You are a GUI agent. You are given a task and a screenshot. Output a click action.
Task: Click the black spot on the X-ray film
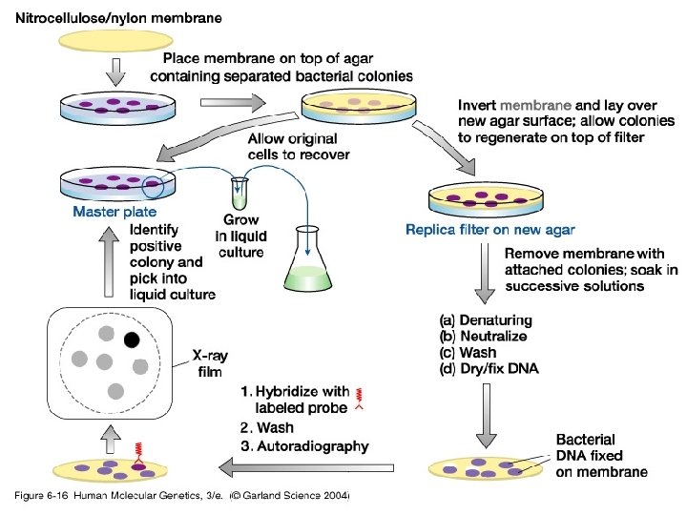[x=132, y=339]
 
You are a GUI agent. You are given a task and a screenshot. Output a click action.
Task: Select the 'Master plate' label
[x=114, y=212]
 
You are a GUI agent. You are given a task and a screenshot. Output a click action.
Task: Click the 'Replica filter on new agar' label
[x=489, y=229]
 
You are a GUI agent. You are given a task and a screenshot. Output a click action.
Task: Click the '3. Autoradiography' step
[x=304, y=445]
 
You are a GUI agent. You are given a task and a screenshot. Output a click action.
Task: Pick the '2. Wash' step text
[x=267, y=427]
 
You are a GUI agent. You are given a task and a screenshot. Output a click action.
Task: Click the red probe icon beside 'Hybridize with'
[x=359, y=399]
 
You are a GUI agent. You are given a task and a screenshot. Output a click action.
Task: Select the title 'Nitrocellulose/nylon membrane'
[x=118, y=18]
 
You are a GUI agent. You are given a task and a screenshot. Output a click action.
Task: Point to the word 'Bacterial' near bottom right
[x=586, y=440]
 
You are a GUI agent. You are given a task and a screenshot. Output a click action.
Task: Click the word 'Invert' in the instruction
[x=477, y=105]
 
